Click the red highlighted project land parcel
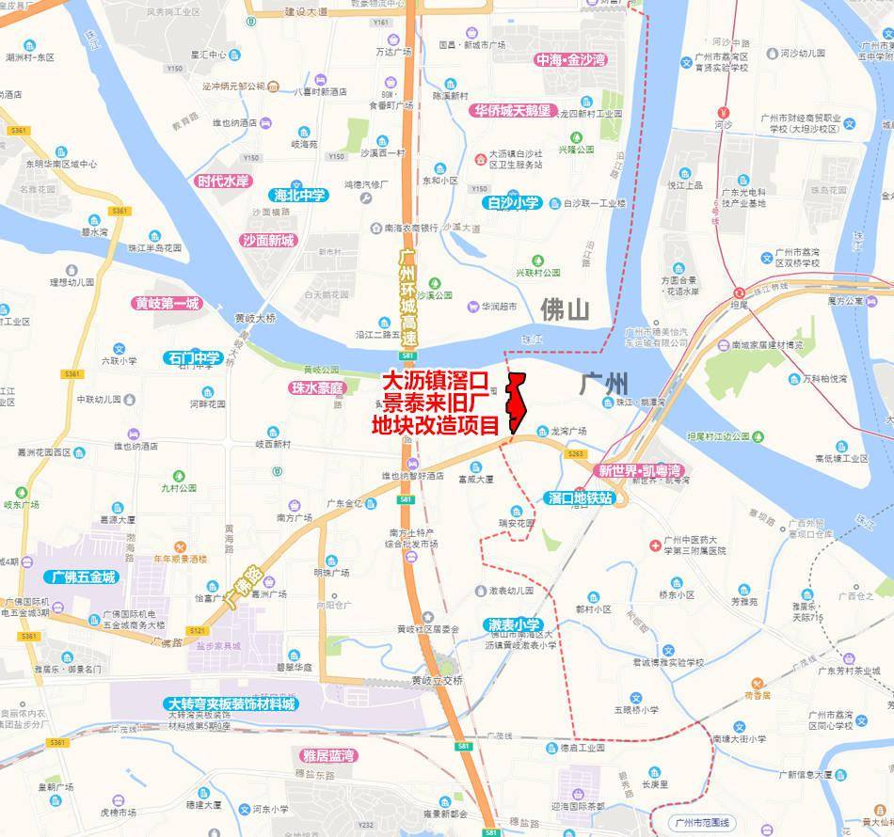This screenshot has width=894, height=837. (x=516, y=404)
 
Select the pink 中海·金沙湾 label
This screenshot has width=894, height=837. (x=571, y=60)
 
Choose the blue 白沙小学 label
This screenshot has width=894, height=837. (x=513, y=202)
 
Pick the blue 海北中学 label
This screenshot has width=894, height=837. (x=298, y=196)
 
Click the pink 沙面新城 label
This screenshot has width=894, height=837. (x=268, y=240)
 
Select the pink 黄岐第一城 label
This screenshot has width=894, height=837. (x=168, y=304)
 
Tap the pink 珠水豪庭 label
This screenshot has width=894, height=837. (x=318, y=387)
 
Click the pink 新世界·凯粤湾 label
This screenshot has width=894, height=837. (x=639, y=470)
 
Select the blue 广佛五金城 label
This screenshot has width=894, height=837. (x=84, y=576)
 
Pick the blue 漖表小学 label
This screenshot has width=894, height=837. (x=514, y=624)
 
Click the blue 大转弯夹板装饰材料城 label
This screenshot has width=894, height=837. (x=231, y=703)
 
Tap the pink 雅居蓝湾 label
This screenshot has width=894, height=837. (x=328, y=755)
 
